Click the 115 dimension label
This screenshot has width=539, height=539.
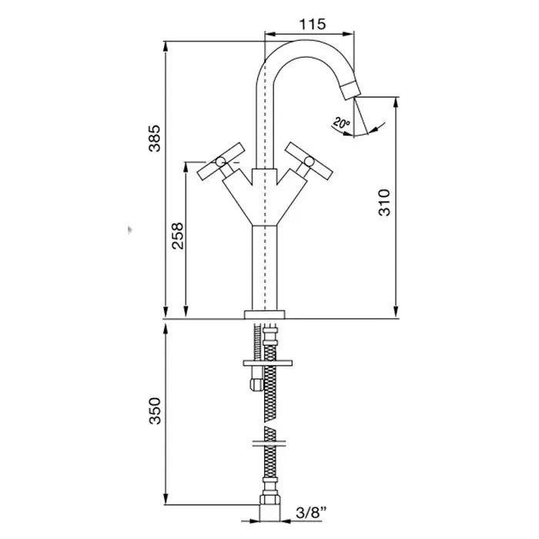(x=312, y=24)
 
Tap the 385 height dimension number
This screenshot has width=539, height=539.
(x=155, y=138)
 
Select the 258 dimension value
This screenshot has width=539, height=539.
(x=178, y=236)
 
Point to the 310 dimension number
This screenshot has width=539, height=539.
(x=384, y=202)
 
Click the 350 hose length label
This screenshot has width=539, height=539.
(x=155, y=410)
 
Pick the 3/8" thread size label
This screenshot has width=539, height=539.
(x=310, y=513)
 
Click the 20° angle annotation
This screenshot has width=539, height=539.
(x=341, y=122)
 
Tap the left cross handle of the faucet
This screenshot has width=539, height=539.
(x=222, y=161)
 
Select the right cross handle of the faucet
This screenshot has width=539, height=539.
(x=309, y=161)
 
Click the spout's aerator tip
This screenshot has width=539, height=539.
(x=350, y=89)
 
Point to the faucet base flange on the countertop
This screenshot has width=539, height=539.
(x=265, y=314)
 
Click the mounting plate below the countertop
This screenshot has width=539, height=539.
(x=267, y=363)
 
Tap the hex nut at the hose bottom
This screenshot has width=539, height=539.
(x=270, y=499)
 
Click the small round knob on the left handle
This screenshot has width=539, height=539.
(x=219, y=161)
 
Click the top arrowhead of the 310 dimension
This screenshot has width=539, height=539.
(x=396, y=103)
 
